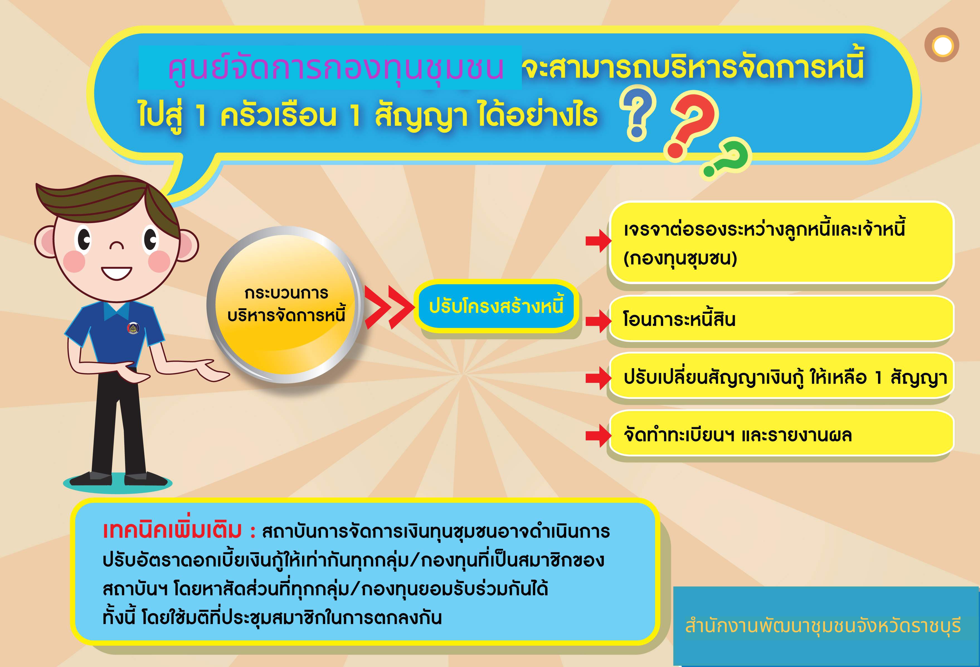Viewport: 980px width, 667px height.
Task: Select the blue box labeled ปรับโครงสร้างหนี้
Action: (x=496, y=306)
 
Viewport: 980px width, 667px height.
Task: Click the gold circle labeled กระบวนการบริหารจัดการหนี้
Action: (x=286, y=304)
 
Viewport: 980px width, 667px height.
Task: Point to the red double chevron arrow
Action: (x=389, y=307)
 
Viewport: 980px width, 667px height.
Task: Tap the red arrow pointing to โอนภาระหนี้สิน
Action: (x=598, y=321)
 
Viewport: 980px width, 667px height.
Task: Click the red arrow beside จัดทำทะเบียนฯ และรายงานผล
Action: (x=598, y=434)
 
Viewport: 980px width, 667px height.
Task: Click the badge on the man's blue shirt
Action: (x=132, y=327)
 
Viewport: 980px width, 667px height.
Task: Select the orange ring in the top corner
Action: (x=942, y=45)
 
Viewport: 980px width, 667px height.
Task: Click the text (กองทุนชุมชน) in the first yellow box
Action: (x=680, y=258)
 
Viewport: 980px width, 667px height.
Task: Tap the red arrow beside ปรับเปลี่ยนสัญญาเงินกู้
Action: (x=598, y=378)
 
